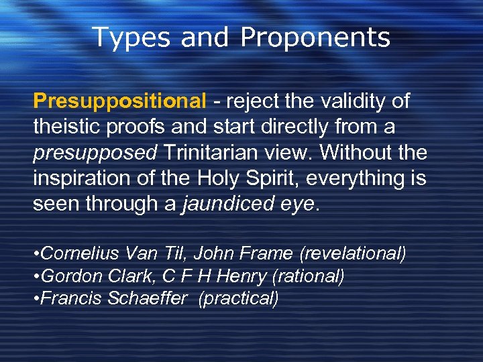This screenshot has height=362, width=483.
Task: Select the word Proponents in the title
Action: [x=315, y=38]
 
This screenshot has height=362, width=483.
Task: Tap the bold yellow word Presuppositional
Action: [x=119, y=102]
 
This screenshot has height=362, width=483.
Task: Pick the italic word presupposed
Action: [x=95, y=153]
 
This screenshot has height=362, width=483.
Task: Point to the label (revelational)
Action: [x=353, y=254]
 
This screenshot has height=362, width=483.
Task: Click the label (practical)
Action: [x=238, y=298]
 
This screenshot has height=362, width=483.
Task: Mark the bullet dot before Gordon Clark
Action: [x=36, y=276]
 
